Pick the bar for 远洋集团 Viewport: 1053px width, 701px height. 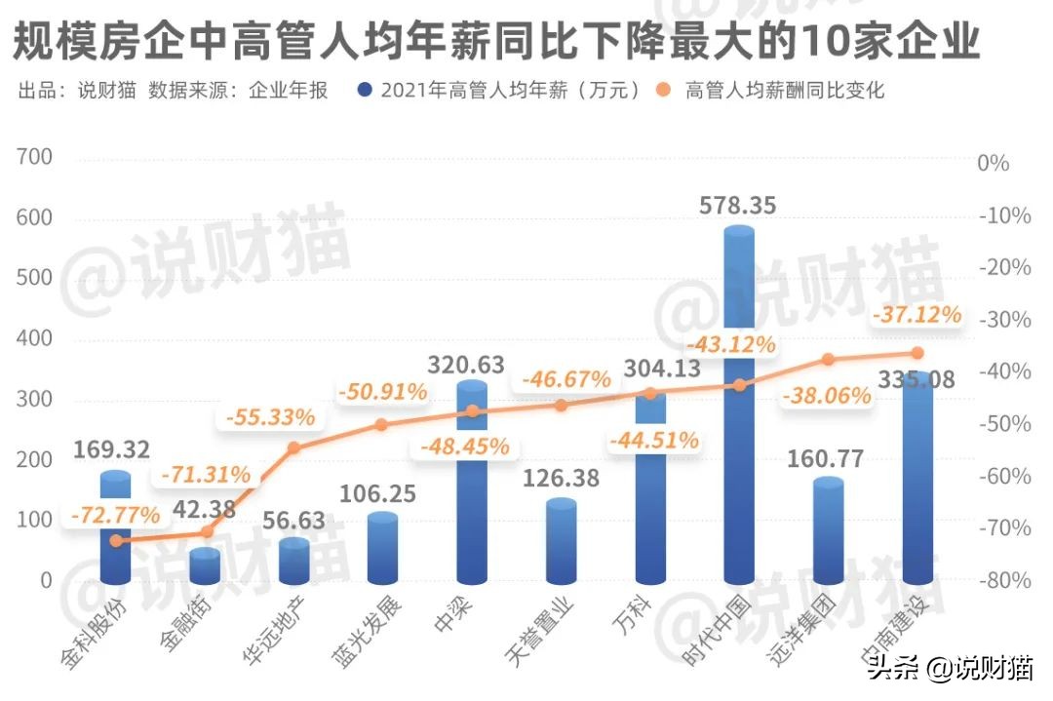click(x=828, y=531)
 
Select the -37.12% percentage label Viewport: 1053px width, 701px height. click(x=916, y=315)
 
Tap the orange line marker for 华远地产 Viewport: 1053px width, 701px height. click(x=294, y=448)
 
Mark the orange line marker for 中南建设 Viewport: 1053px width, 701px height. click(x=916, y=353)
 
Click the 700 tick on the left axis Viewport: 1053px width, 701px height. click(x=34, y=158)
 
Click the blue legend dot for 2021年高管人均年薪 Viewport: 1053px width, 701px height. click(x=366, y=91)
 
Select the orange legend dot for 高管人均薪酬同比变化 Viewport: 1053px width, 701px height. click(x=665, y=91)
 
